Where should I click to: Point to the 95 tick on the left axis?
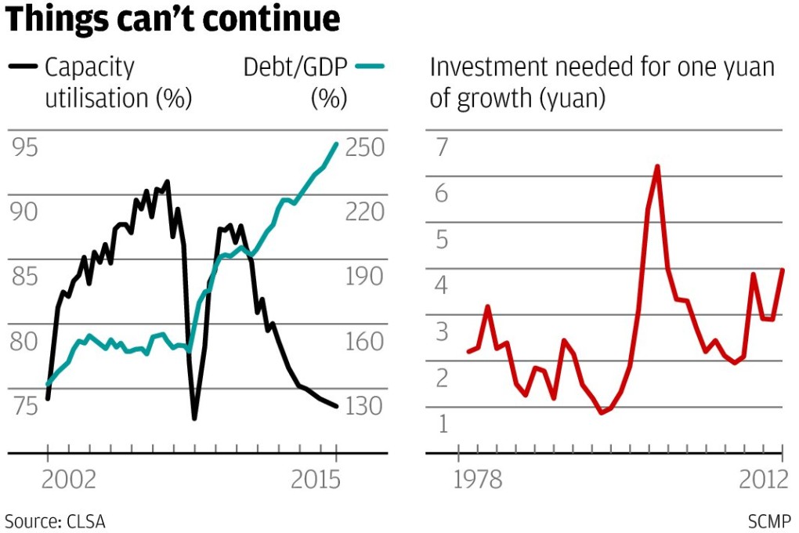click(23, 147)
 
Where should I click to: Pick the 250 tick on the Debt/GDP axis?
click(365, 147)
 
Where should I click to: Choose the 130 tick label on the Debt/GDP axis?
click(365, 406)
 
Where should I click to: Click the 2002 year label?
click(68, 480)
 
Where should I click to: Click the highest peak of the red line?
click(657, 166)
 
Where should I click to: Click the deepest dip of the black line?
click(193, 418)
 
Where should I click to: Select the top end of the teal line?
click(337, 143)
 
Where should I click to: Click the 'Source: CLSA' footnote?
click(55, 520)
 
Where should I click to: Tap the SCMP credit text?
click(768, 520)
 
